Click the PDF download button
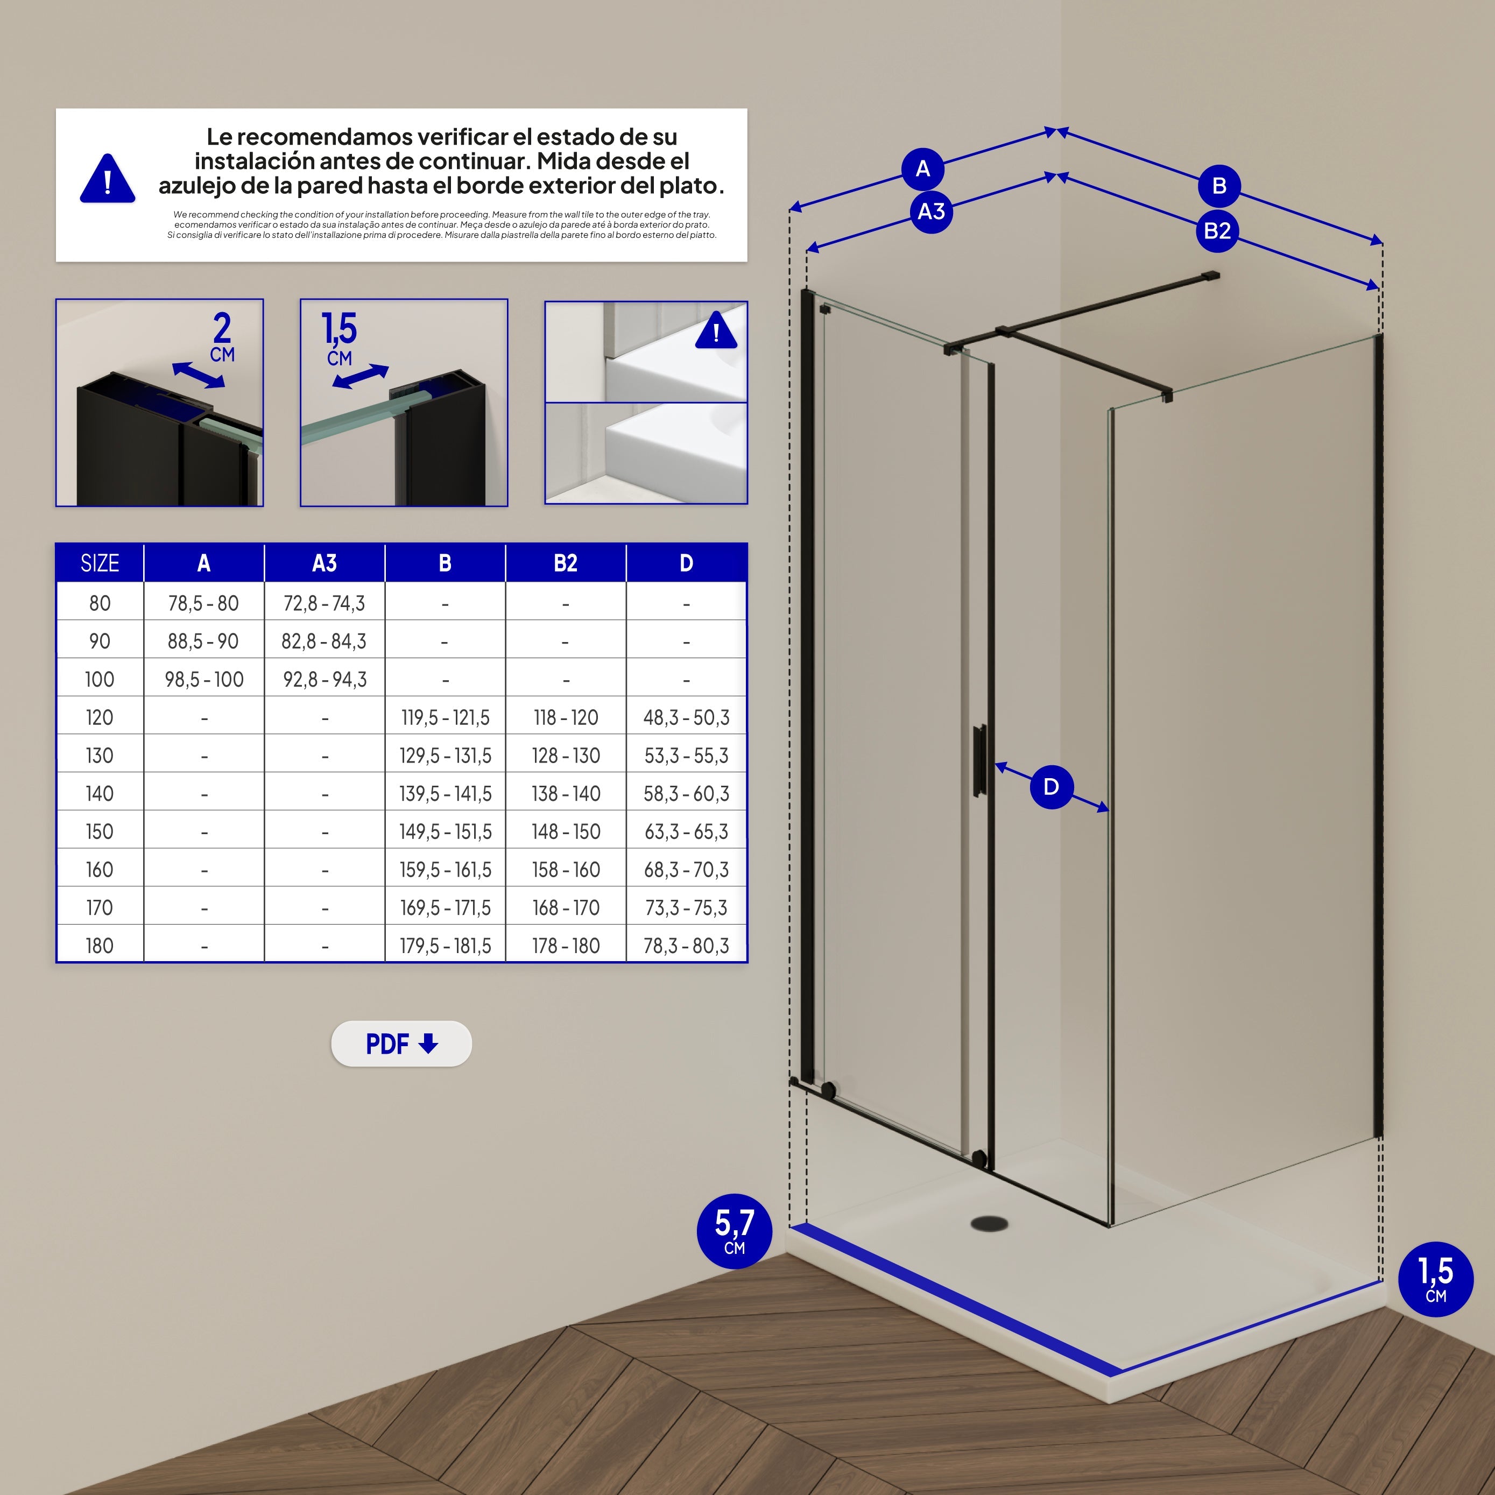[401, 1044]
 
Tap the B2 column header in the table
[566, 562]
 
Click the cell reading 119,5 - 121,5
[445, 717]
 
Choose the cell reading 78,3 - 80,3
[686, 946]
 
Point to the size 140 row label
[100, 793]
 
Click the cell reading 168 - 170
[566, 908]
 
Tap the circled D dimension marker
[1052, 787]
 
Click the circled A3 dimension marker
[932, 211]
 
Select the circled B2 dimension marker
[1217, 230]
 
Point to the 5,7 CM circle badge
[735, 1231]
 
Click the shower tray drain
[990, 1223]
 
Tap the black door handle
[979, 760]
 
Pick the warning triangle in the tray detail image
[716, 331]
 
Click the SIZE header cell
[100, 562]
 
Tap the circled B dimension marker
[1219, 186]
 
